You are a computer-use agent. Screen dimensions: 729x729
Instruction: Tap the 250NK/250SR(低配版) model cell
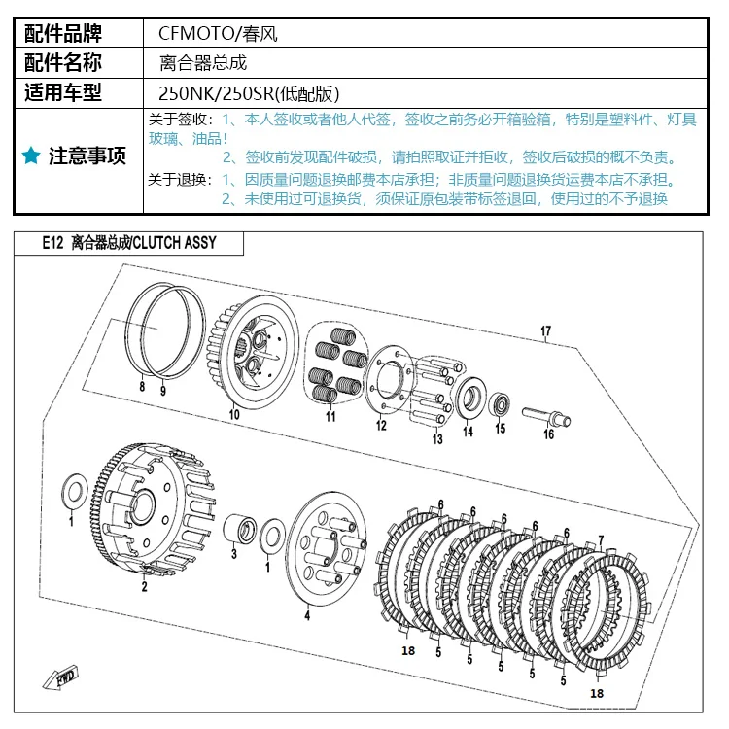248,94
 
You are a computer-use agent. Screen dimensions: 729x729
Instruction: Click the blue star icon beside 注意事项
31,156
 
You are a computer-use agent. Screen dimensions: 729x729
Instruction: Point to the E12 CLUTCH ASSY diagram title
129,244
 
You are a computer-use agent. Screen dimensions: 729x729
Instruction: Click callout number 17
545,331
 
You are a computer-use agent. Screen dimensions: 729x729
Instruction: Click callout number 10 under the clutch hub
233,415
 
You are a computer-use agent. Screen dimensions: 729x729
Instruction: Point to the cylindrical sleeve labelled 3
238,533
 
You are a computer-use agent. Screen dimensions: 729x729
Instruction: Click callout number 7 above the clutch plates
601,539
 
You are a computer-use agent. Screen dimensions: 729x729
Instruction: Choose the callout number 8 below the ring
142,387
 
